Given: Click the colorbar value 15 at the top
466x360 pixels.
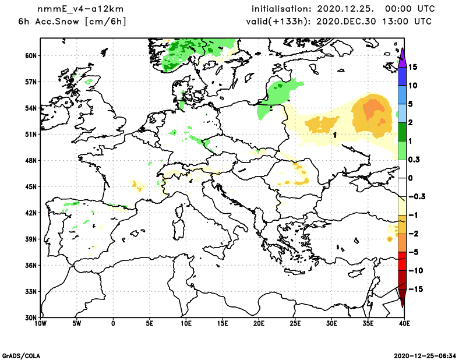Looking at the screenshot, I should pos(412,67).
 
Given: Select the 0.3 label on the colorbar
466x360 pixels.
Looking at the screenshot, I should pos(414,160).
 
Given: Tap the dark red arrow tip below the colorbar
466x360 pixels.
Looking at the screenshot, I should pos(402,301).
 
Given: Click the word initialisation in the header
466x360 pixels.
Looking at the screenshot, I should pos(281,9).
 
